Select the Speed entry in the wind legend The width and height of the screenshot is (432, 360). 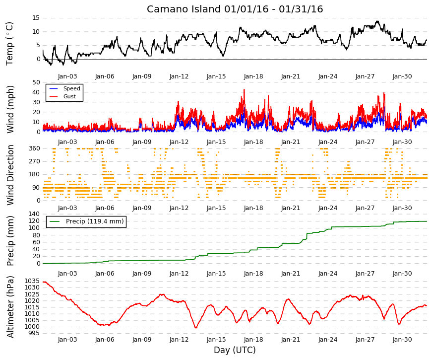pos(71,88)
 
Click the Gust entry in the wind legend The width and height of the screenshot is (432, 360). pos(69,96)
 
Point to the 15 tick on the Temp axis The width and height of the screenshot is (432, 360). pos(36,18)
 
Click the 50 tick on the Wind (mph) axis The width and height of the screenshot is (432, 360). pos(36,82)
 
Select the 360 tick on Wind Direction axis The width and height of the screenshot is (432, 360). pos(34,148)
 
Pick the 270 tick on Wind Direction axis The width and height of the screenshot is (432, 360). pos(34,161)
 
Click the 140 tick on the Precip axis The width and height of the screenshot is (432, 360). pos(34,214)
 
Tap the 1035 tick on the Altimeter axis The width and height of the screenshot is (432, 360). pos(32,281)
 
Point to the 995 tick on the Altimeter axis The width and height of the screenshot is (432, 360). pos(34,333)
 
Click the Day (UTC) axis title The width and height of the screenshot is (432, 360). pos(235,350)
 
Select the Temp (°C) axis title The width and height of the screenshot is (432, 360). pos(9,44)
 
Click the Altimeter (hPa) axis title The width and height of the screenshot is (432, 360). pos(10,306)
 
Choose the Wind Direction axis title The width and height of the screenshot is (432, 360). pos(10,175)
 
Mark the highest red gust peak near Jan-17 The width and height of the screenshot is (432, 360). pos(244,89)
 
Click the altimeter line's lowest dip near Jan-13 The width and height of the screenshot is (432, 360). pos(196,328)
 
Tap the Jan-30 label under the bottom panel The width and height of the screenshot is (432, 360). pos(402,340)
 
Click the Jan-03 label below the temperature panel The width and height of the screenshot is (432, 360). pos(67,76)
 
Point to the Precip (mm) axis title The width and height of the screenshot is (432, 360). pos(10,241)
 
